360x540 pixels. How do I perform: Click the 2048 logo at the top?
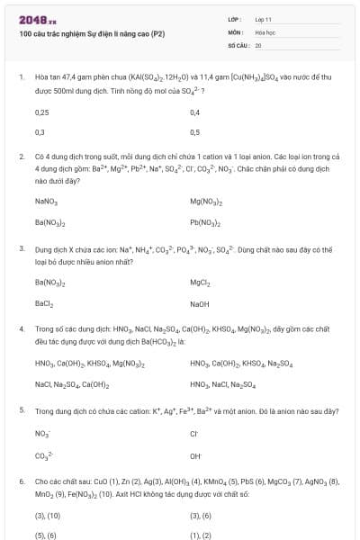[37, 19]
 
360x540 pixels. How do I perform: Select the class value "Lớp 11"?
[264, 19]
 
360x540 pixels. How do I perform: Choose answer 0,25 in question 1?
[41, 112]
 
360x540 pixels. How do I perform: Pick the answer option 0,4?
[195, 112]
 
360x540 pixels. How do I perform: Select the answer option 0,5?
[195, 131]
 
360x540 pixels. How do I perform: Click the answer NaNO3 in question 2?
[46, 202]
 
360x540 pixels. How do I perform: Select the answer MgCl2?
[200, 283]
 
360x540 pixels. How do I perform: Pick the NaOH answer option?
[199, 304]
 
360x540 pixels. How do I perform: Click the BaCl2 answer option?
[44, 304]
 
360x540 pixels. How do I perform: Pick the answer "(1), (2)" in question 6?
[200, 535]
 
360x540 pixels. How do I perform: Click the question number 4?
[22, 329]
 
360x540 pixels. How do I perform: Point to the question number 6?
[22, 481]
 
